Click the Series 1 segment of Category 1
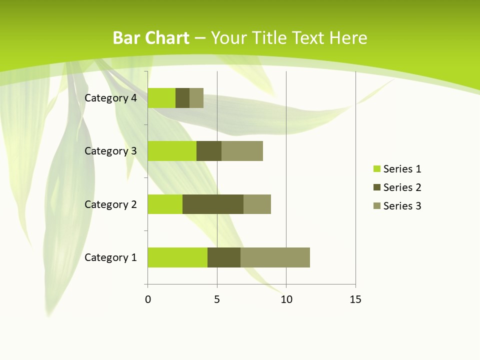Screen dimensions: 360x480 click(x=177, y=257)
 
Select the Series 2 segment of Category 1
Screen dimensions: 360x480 click(x=224, y=257)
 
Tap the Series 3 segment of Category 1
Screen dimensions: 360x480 click(x=275, y=257)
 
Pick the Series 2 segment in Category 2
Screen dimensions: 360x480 click(x=213, y=204)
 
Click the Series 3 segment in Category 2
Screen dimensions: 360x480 click(x=257, y=204)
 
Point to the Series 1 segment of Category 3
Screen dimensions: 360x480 click(x=172, y=151)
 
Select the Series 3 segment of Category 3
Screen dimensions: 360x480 click(x=242, y=151)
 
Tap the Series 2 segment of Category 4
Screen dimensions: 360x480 click(x=182, y=98)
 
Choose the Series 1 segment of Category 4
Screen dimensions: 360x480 click(x=161, y=98)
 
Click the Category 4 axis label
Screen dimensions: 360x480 click(x=110, y=98)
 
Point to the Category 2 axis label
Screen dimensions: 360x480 click(x=110, y=204)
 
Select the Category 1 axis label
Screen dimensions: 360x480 click(x=110, y=257)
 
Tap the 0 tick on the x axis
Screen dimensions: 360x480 click(x=148, y=299)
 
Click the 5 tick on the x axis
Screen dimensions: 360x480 click(x=217, y=299)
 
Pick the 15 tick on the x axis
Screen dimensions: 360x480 click(x=355, y=299)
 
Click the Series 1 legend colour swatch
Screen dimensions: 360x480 click(x=376, y=169)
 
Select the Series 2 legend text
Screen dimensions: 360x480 click(x=402, y=187)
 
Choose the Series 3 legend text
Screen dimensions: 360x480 click(x=402, y=206)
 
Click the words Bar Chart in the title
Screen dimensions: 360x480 click(x=151, y=38)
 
